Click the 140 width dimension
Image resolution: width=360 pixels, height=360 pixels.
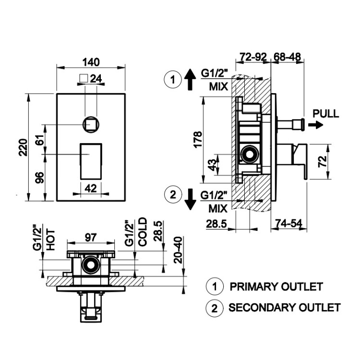click(91, 62)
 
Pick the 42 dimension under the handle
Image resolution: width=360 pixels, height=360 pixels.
click(90, 188)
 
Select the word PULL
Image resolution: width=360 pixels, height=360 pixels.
click(325, 114)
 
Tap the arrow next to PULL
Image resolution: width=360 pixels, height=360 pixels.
click(315, 125)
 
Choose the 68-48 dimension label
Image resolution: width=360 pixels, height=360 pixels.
click(288, 57)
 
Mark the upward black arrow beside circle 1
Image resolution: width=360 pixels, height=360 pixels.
click(190, 79)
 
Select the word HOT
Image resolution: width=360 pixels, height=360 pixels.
click(51, 240)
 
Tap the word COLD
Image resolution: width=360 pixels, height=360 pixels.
click(142, 232)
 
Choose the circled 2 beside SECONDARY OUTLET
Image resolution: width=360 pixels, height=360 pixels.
click(215, 308)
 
